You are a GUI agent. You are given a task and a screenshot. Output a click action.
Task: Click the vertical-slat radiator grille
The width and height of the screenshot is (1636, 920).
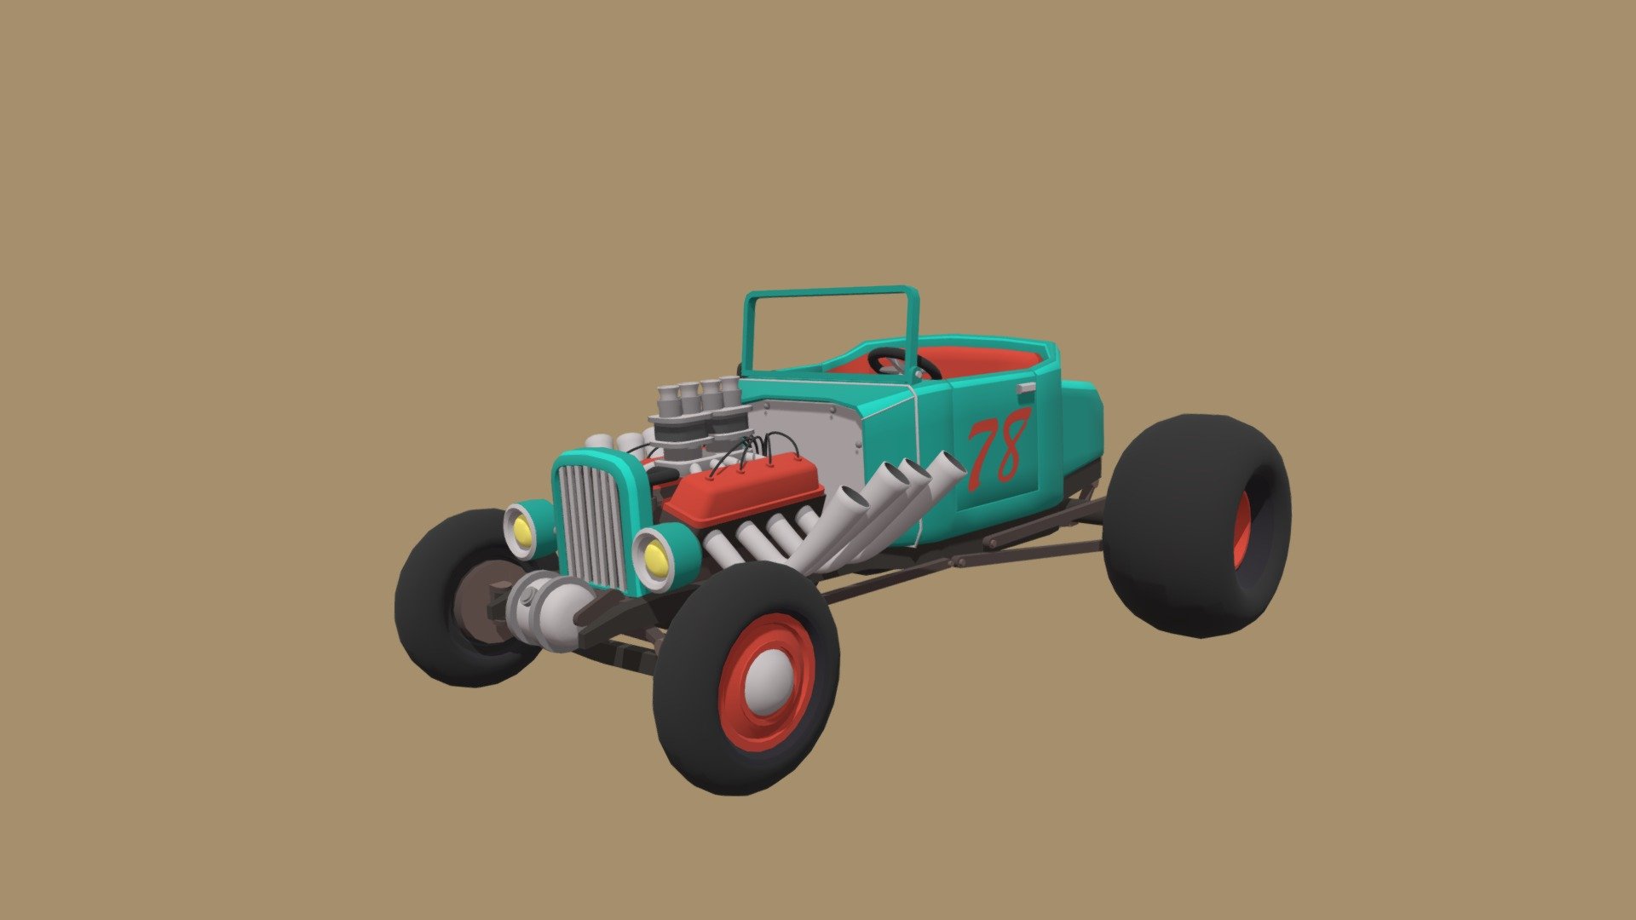coord(593,521)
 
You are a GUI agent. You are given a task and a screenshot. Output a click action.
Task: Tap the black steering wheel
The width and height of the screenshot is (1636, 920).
coord(905,365)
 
